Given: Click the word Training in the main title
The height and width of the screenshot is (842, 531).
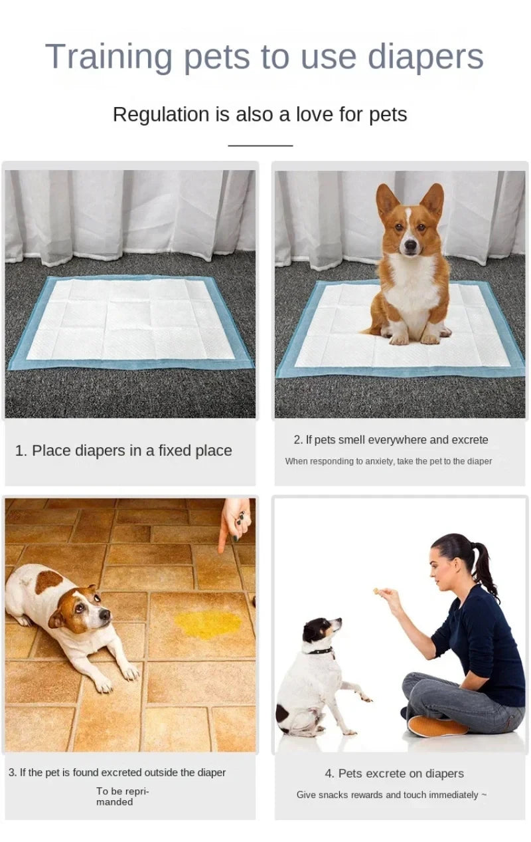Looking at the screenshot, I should click(x=109, y=57).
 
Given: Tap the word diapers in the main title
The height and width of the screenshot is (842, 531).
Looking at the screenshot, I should click(x=425, y=57).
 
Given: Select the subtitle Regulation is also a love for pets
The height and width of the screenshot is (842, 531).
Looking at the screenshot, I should click(x=260, y=114).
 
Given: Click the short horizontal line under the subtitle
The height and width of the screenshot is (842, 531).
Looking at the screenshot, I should click(x=260, y=145).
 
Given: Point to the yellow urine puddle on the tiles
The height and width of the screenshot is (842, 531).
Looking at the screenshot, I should click(x=208, y=623).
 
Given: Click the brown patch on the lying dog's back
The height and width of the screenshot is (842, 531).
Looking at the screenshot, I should click(x=48, y=580).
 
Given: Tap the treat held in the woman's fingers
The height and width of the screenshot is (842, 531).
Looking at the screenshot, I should click(x=376, y=590).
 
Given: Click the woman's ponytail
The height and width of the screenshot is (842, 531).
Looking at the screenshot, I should click(x=484, y=568).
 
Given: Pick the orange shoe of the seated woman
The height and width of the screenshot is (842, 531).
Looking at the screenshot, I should click(x=435, y=726).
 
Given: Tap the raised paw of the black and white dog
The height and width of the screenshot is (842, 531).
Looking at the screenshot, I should click(x=363, y=697).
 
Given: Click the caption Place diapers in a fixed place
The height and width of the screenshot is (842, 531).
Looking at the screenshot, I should click(x=123, y=451).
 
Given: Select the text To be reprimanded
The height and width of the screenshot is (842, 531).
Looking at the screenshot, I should click(x=122, y=796).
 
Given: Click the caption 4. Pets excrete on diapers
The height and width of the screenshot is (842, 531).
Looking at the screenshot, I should click(x=394, y=774).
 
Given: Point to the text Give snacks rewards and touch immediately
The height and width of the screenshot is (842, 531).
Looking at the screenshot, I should click(x=392, y=795).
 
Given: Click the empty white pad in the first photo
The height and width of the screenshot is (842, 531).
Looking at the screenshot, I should click(x=130, y=319).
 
